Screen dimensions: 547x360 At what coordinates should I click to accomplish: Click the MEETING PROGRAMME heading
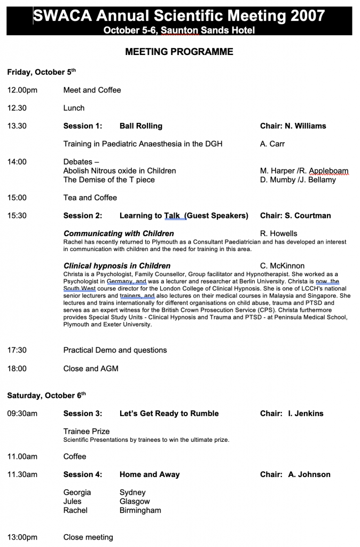(x=179, y=52)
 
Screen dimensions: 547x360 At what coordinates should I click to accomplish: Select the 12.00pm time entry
(x=22, y=90)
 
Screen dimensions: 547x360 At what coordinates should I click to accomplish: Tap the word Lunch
(x=74, y=108)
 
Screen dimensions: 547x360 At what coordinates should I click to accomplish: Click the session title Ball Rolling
(x=141, y=126)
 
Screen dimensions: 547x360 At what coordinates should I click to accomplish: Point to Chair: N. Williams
(x=293, y=126)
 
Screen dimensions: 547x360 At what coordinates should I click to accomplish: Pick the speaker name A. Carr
(x=272, y=144)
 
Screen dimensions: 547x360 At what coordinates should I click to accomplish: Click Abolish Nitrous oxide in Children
(x=120, y=171)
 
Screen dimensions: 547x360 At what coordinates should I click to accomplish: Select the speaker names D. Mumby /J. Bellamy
(x=298, y=180)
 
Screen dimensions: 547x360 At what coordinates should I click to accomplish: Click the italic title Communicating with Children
(x=119, y=233)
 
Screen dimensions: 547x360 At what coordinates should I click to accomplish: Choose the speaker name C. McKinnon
(x=282, y=265)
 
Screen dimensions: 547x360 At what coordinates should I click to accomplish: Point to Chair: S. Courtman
(x=295, y=216)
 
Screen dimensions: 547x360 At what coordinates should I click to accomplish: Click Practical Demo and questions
(x=115, y=350)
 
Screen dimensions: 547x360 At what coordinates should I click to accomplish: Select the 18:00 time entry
(x=17, y=369)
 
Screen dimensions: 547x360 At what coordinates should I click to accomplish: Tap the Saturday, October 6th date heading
(x=46, y=396)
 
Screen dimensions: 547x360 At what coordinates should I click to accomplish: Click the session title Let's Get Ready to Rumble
(x=169, y=413)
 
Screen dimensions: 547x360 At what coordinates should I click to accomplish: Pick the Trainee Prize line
(x=87, y=431)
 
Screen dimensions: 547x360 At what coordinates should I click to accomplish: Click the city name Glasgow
(x=135, y=502)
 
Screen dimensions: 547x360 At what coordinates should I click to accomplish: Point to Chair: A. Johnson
(x=295, y=474)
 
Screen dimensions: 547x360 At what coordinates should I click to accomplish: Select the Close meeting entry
(x=88, y=537)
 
